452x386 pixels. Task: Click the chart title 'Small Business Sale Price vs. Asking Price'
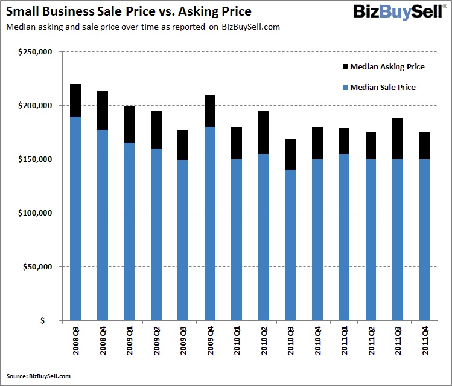tap(129, 12)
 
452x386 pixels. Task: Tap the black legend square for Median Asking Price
tap(344, 66)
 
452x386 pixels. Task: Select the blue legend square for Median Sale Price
tap(344, 88)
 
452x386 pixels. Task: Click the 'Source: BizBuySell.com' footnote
tap(39, 376)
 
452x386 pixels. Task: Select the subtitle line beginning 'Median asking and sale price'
tap(142, 27)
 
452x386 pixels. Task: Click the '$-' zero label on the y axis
tap(45, 321)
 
